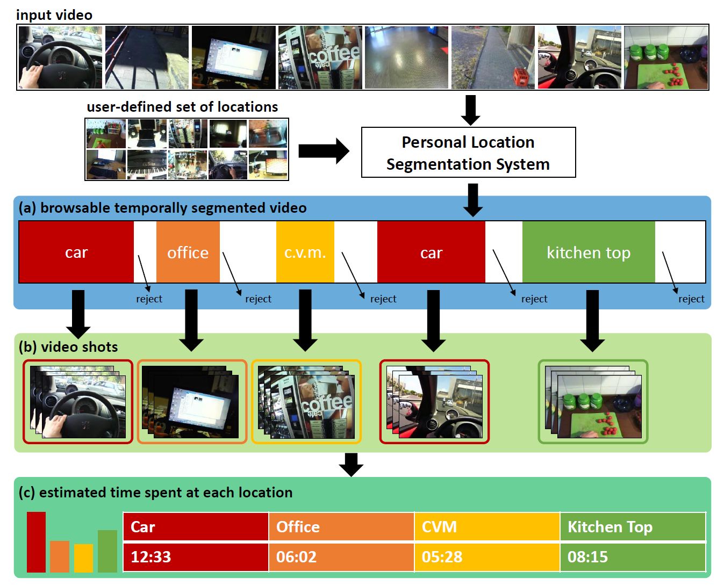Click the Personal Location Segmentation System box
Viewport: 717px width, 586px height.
click(468, 153)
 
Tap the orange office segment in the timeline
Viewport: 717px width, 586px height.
click(188, 252)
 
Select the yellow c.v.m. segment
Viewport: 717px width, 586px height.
click(305, 252)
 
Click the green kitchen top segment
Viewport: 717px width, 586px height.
click(588, 252)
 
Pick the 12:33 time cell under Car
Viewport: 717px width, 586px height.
click(196, 557)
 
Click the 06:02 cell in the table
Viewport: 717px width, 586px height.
click(341, 557)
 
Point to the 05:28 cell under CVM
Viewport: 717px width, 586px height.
click(487, 557)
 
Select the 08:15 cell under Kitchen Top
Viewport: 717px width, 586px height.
click(633, 557)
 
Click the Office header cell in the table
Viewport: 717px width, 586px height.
click(341, 527)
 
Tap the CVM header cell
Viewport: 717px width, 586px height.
click(487, 527)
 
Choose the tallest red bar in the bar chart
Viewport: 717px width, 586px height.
click(36, 542)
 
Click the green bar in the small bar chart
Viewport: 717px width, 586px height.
click(107, 551)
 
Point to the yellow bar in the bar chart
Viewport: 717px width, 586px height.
click(83, 558)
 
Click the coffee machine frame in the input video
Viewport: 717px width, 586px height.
click(320, 57)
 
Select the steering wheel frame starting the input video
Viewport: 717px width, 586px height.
click(60, 57)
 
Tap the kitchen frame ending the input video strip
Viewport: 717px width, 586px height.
click(666, 57)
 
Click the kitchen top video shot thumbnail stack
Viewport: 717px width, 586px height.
click(593, 402)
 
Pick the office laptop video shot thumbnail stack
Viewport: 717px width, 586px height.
click(192, 402)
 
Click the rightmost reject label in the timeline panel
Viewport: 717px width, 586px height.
click(691, 299)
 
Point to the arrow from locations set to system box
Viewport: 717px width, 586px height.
click(324, 151)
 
